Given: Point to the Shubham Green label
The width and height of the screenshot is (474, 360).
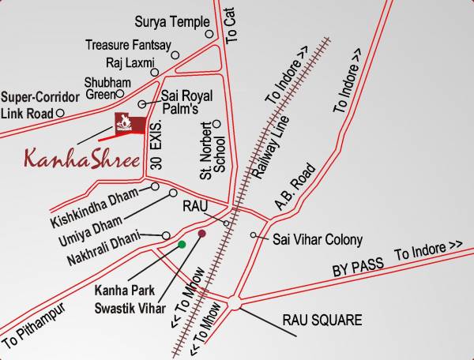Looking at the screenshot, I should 102,88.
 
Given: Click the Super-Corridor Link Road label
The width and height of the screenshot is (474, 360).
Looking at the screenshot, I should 39,105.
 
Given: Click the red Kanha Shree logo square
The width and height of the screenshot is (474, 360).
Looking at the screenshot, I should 127,125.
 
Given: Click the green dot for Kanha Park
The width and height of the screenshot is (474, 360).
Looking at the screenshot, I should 182,245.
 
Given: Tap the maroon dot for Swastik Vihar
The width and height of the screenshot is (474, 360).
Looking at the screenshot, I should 201,234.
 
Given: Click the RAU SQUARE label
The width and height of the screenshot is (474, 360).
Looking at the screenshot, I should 322,321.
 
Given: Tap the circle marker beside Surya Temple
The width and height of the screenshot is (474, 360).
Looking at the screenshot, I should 209,34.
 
